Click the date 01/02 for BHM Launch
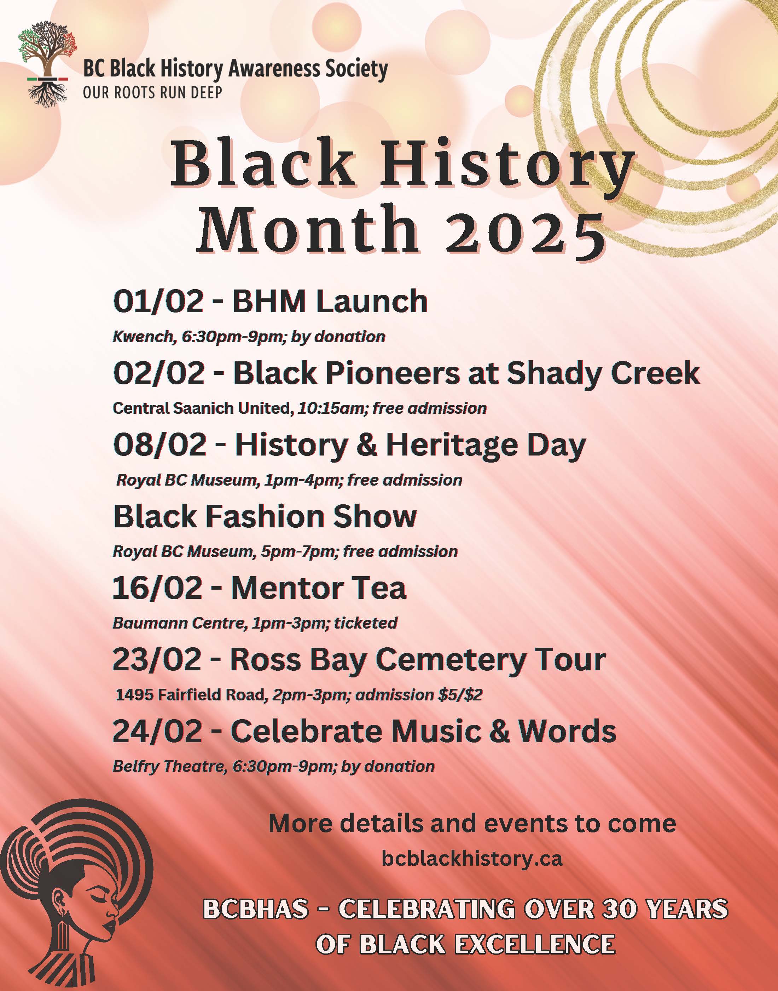point(158,301)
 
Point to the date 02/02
point(159,373)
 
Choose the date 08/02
point(160,445)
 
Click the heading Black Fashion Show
point(265,516)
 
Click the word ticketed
point(366,623)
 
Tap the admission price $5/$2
point(460,695)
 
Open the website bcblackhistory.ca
point(472,859)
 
